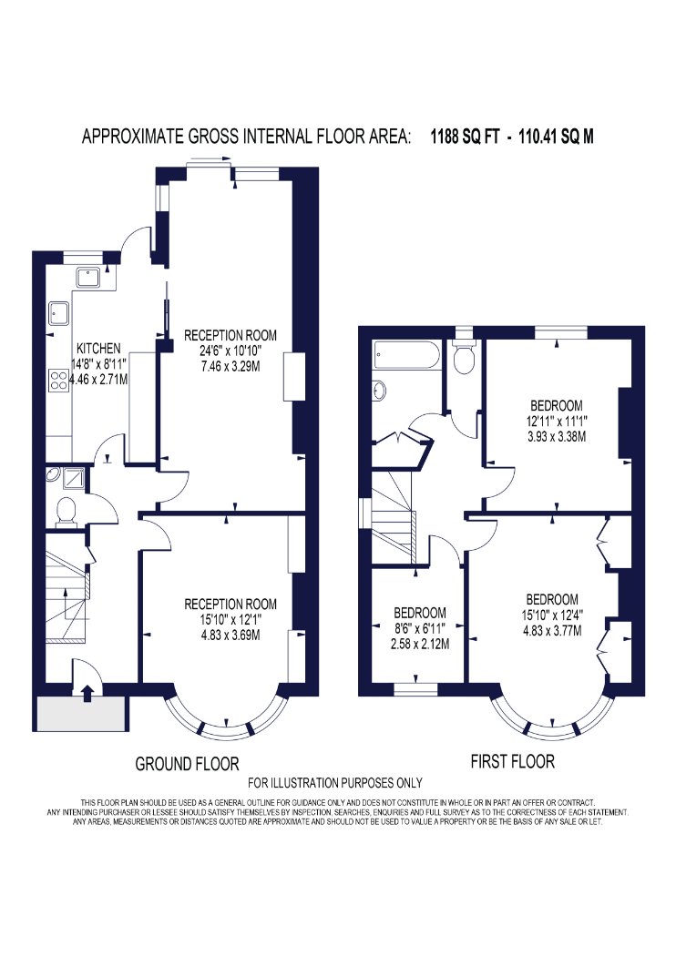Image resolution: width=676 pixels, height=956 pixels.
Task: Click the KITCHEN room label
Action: click(x=98, y=348)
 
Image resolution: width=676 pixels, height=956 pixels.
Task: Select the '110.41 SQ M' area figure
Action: click(x=556, y=136)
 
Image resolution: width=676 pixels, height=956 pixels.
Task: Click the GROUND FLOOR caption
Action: click(x=187, y=763)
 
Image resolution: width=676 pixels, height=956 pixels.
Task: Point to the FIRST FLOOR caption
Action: click(x=513, y=761)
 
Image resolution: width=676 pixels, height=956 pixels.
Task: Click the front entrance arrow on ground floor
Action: click(x=87, y=693)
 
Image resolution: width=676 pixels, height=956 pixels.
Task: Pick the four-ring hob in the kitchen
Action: click(x=59, y=381)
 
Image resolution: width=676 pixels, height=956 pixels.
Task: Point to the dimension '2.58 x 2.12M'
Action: click(x=420, y=643)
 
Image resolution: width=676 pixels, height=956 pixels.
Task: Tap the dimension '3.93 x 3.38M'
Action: click(x=556, y=436)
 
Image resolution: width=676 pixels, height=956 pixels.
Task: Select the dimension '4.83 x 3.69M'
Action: click(x=230, y=635)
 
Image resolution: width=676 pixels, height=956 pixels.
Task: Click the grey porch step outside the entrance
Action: click(x=81, y=713)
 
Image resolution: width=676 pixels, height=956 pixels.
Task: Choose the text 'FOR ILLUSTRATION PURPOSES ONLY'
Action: click(x=335, y=783)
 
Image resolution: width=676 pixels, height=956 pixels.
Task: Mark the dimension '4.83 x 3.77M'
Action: click(x=552, y=630)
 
